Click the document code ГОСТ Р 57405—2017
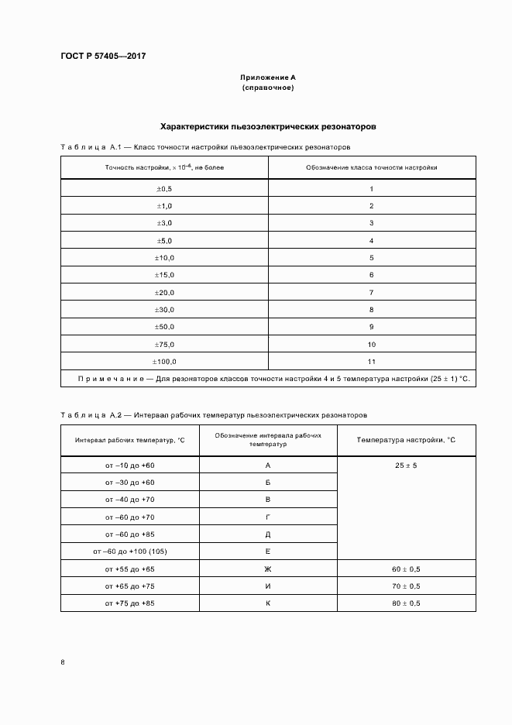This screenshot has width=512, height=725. tap(103, 57)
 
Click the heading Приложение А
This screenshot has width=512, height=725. tap(267, 77)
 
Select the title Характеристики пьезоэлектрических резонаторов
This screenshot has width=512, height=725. tap(267, 125)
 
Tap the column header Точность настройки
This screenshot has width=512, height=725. tap(164, 167)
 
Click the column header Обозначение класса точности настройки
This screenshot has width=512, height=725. tap(371, 167)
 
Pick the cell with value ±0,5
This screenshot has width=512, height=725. tap(164, 189)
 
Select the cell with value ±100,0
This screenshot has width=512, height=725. tap(164, 362)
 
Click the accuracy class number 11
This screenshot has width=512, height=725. tap(371, 362)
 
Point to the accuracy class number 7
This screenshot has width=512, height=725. tap(371, 293)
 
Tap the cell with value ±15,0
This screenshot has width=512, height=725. tap(164, 275)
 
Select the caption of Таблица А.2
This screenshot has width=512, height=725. tap(212, 415)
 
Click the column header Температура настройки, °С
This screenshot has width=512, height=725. tap(406, 440)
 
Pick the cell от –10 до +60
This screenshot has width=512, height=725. tap(130, 466)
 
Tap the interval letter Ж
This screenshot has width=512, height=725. tap(267, 569)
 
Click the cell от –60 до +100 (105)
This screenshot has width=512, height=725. tap(130, 551)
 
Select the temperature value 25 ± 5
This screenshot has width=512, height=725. tap(406, 466)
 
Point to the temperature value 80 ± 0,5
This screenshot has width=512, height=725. tap(406, 603)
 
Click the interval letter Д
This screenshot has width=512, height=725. tap(267, 534)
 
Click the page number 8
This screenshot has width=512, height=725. tap(63, 662)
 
